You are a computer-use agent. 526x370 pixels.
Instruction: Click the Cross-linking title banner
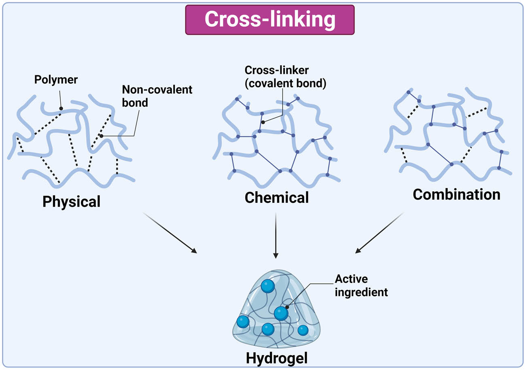[269, 19]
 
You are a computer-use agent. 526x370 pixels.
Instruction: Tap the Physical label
[71, 201]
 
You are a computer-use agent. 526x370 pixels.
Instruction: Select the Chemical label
[276, 198]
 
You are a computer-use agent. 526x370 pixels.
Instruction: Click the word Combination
[456, 195]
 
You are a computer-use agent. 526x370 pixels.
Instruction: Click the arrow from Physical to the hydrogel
[170, 232]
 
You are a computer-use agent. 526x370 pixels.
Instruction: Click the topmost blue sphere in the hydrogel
[267, 286]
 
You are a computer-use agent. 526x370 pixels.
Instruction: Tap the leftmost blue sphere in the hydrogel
[243, 321]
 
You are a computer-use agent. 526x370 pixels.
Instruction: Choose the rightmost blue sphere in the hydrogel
[303, 330]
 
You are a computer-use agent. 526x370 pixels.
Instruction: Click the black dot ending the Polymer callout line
[61, 108]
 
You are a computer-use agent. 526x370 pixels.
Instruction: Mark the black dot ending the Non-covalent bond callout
[101, 136]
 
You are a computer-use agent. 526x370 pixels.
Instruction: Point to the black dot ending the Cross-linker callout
[263, 122]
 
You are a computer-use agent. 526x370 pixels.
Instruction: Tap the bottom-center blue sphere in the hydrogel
[268, 329]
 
